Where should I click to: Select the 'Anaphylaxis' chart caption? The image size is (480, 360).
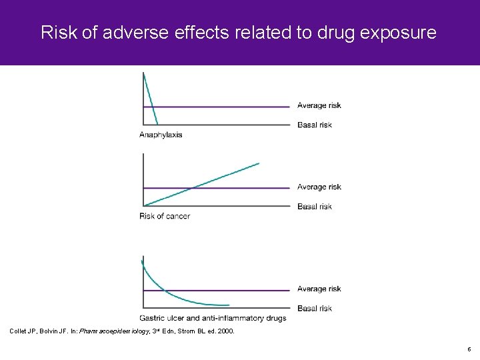click(x=161, y=135)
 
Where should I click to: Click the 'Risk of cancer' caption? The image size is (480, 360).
click(x=165, y=216)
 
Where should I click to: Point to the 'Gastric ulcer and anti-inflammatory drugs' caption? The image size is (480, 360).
click(x=213, y=318)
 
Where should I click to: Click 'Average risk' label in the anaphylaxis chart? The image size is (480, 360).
click(x=319, y=105)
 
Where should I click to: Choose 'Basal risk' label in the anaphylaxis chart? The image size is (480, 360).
click(x=314, y=125)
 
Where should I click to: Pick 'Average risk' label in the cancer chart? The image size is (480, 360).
click(x=319, y=187)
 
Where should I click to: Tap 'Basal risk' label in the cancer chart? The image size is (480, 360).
click(x=314, y=207)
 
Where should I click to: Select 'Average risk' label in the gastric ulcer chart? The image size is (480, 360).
click(x=319, y=289)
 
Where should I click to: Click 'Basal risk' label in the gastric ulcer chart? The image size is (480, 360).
click(x=314, y=308)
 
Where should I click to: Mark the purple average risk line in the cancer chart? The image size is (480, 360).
click(x=253, y=188)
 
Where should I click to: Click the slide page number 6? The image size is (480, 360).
click(x=469, y=349)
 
